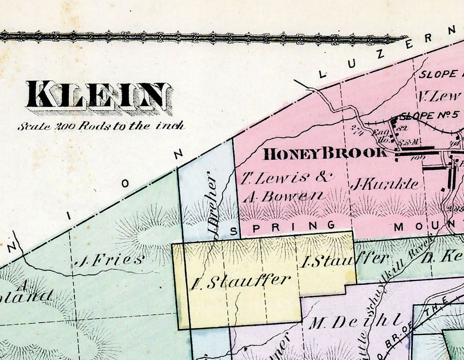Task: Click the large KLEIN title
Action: tap(97, 95)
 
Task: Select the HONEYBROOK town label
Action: tap(325, 154)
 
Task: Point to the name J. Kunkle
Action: tap(386, 185)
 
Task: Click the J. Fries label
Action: tap(109, 261)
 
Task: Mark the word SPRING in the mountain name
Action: tap(282, 227)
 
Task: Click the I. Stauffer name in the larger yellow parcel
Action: tap(240, 282)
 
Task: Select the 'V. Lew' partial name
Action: tap(440, 96)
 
